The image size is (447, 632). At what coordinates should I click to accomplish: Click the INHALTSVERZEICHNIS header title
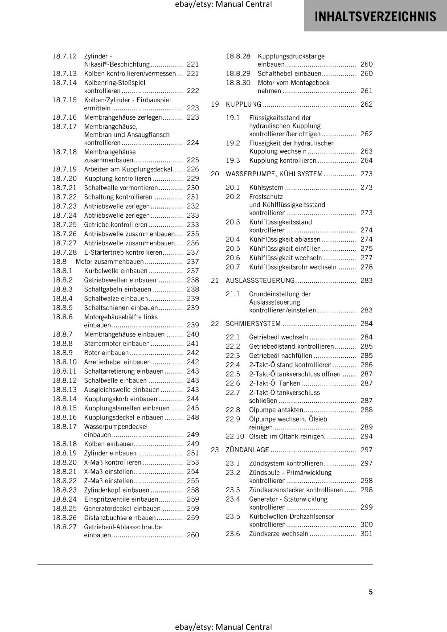pos(375,17)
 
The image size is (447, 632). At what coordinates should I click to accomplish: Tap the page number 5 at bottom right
pos(371,592)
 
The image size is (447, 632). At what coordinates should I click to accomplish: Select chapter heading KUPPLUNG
pos(243,104)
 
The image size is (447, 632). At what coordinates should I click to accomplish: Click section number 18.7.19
pos(64,169)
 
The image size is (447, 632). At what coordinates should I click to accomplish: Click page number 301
pos(366,534)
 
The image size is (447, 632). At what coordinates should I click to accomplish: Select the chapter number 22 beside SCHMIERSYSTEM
pos(215,324)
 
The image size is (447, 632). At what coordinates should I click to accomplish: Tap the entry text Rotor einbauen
pos(106,353)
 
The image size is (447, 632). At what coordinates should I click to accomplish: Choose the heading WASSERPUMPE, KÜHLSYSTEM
pos(274,174)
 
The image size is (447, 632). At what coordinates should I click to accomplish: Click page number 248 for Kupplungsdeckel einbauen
pos(193,417)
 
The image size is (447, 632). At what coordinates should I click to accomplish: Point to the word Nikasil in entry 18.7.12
pos(93,64)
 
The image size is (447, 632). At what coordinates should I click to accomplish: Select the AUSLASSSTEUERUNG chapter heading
pos(260,280)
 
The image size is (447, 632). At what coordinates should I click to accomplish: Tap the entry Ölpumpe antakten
pos(276,410)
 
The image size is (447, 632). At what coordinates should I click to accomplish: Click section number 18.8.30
pos(238,83)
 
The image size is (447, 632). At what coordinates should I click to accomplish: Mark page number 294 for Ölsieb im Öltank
pos(366,436)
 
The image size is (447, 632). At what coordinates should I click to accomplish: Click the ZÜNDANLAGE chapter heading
pos(247,450)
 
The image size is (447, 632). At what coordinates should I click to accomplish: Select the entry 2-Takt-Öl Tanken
pos(274,383)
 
